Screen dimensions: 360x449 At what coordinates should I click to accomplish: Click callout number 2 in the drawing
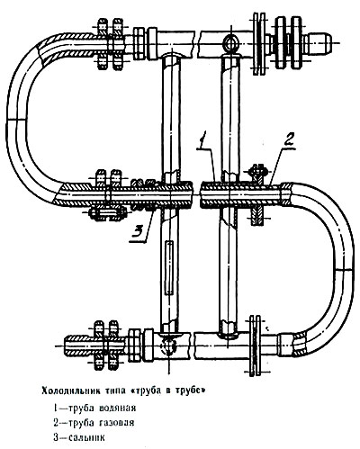[289, 140]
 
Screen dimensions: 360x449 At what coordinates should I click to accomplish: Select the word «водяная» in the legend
[118, 408]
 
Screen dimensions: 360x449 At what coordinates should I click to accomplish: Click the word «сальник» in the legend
[87, 437]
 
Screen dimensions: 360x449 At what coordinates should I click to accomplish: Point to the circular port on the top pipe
[231, 42]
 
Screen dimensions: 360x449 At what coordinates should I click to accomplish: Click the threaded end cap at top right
[318, 42]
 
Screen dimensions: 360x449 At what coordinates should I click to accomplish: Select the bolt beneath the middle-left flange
[107, 214]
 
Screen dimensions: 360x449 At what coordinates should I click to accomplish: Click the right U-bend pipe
[344, 264]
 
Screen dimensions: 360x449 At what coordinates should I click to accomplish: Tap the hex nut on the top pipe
[139, 42]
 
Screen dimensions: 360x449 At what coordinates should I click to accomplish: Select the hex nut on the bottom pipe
[135, 345]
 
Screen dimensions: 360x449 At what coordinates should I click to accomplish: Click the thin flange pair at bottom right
[256, 345]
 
